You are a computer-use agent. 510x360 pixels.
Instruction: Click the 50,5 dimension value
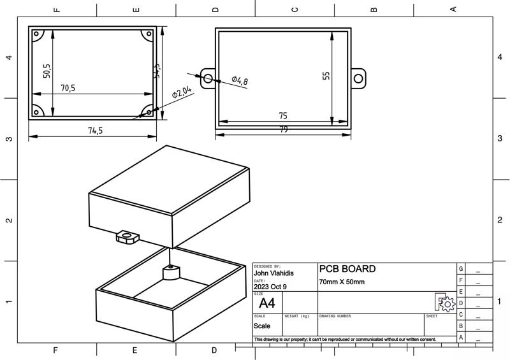tap(47, 71)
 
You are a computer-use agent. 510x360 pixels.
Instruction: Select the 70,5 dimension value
tap(68, 89)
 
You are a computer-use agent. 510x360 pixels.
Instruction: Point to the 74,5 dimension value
tap(95, 131)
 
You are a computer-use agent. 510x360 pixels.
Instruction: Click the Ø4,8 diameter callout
tap(239, 80)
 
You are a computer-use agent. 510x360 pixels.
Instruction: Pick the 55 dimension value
tap(326, 75)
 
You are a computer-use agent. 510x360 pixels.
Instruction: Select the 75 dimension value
tap(283, 116)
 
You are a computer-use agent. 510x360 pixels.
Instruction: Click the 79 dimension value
tap(283, 130)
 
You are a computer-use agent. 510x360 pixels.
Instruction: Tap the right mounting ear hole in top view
tap(358, 78)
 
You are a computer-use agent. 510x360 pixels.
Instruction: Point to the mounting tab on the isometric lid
tap(126, 238)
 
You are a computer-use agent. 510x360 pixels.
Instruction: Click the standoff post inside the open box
tap(171, 273)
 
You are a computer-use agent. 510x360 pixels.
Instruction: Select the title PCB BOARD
tap(347, 270)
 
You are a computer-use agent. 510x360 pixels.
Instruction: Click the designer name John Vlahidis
tap(274, 273)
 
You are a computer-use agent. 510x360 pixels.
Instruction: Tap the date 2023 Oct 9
tap(270, 287)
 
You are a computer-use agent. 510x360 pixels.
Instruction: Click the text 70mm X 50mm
tap(342, 282)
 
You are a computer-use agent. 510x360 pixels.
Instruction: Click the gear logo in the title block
tap(445, 302)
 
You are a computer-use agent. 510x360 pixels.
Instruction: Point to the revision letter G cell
tap(461, 269)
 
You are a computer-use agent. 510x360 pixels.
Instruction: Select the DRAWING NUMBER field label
tap(335, 316)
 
